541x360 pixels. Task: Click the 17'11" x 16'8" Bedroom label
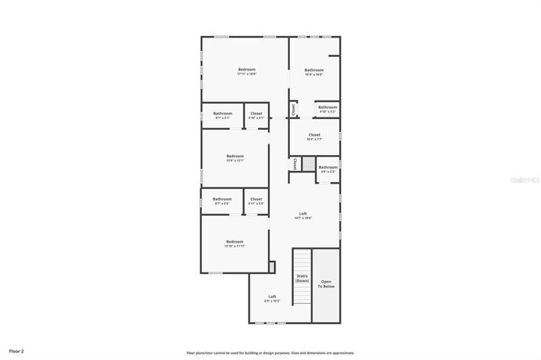tap(246, 71)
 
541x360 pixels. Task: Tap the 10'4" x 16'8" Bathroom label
tap(313, 72)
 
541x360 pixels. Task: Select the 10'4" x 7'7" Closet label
tap(314, 137)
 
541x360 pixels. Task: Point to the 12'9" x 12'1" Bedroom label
tap(235, 157)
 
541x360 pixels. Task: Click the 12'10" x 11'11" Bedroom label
tap(234, 243)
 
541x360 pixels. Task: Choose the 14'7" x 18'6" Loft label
tap(303, 216)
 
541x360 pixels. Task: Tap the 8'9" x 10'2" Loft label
tap(272, 299)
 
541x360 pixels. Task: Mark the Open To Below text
tap(327, 283)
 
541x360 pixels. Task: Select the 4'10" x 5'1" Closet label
tap(256, 115)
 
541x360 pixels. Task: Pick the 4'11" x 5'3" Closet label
tap(256, 201)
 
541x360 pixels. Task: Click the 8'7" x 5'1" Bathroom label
tap(223, 115)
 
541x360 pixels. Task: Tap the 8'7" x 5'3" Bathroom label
tap(223, 201)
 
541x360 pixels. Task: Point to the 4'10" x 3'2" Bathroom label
tap(328, 109)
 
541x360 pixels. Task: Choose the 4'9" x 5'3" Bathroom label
tap(328, 168)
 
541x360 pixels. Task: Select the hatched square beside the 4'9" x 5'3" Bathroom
tap(308, 164)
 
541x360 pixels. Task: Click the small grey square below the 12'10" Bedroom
tap(272, 266)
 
